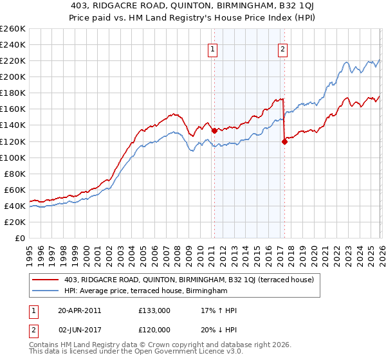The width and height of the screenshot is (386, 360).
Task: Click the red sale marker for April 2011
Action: [x=214, y=130]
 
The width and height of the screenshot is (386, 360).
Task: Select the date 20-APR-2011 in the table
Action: [x=79, y=310]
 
